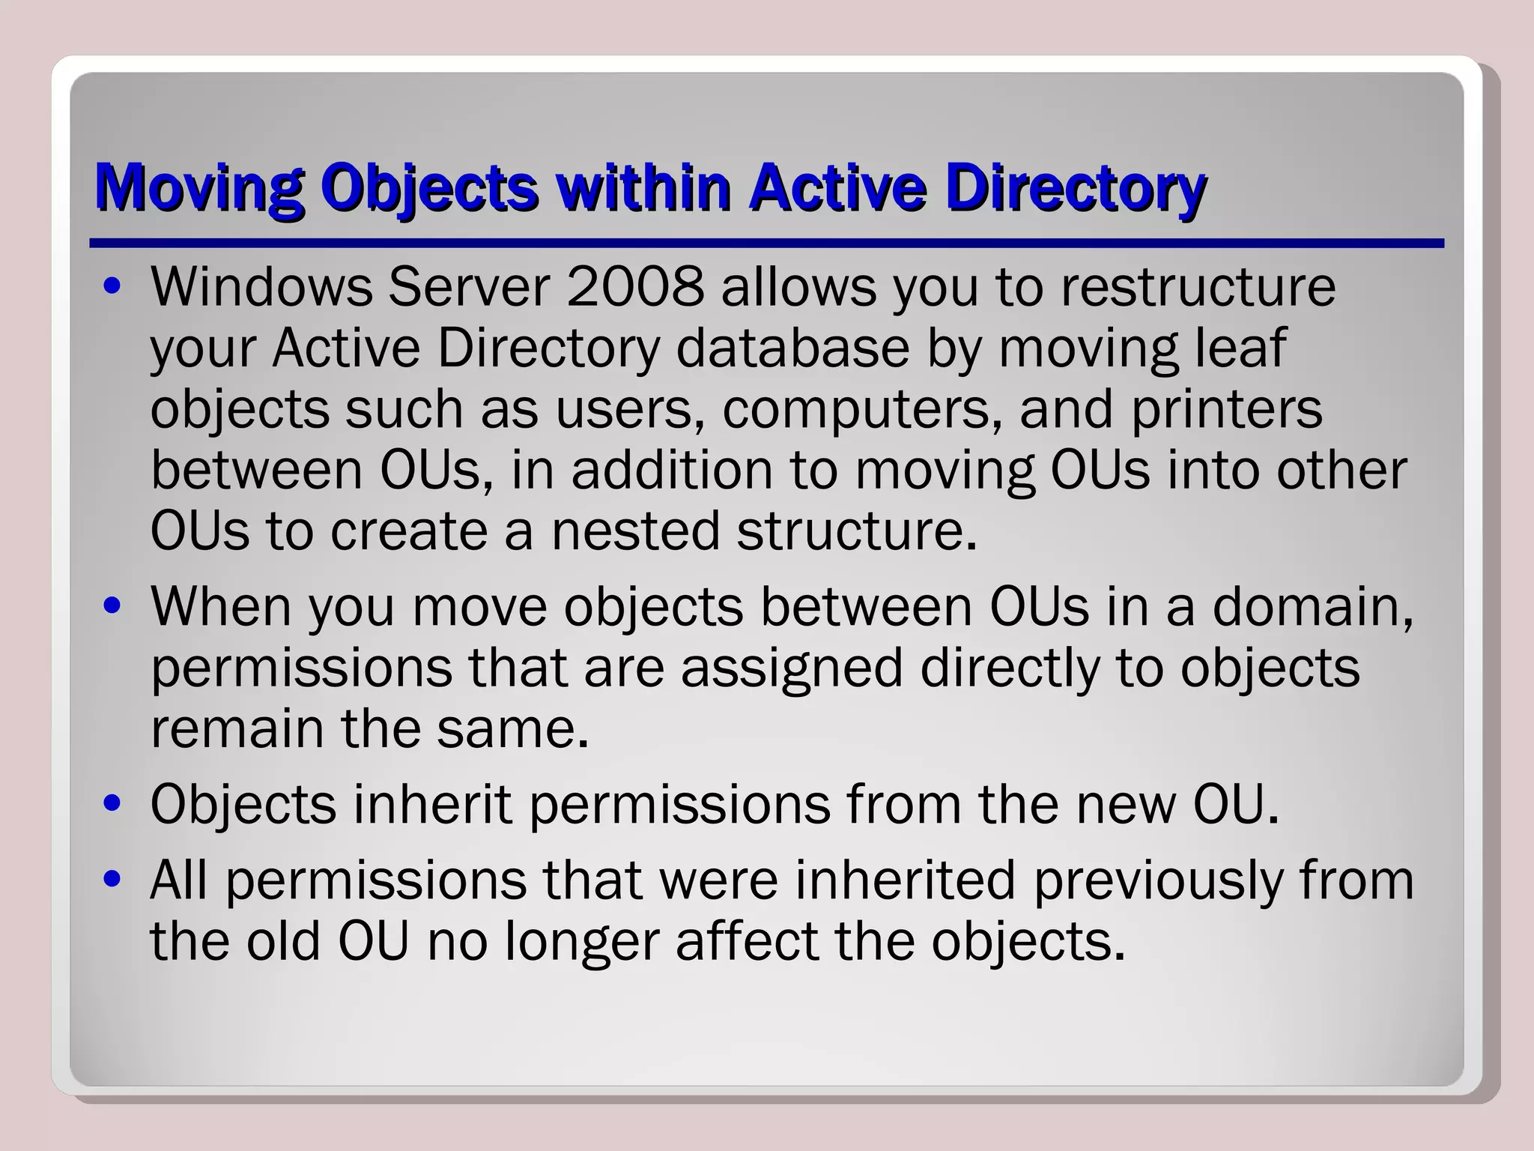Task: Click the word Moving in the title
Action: [199, 187]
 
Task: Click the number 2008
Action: [635, 287]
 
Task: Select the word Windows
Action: [261, 287]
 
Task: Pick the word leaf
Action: [1240, 348]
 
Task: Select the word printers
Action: [1226, 410]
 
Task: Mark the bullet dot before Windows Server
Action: [113, 288]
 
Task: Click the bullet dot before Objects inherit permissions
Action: [113, 806]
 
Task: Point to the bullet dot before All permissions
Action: [113, 881]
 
